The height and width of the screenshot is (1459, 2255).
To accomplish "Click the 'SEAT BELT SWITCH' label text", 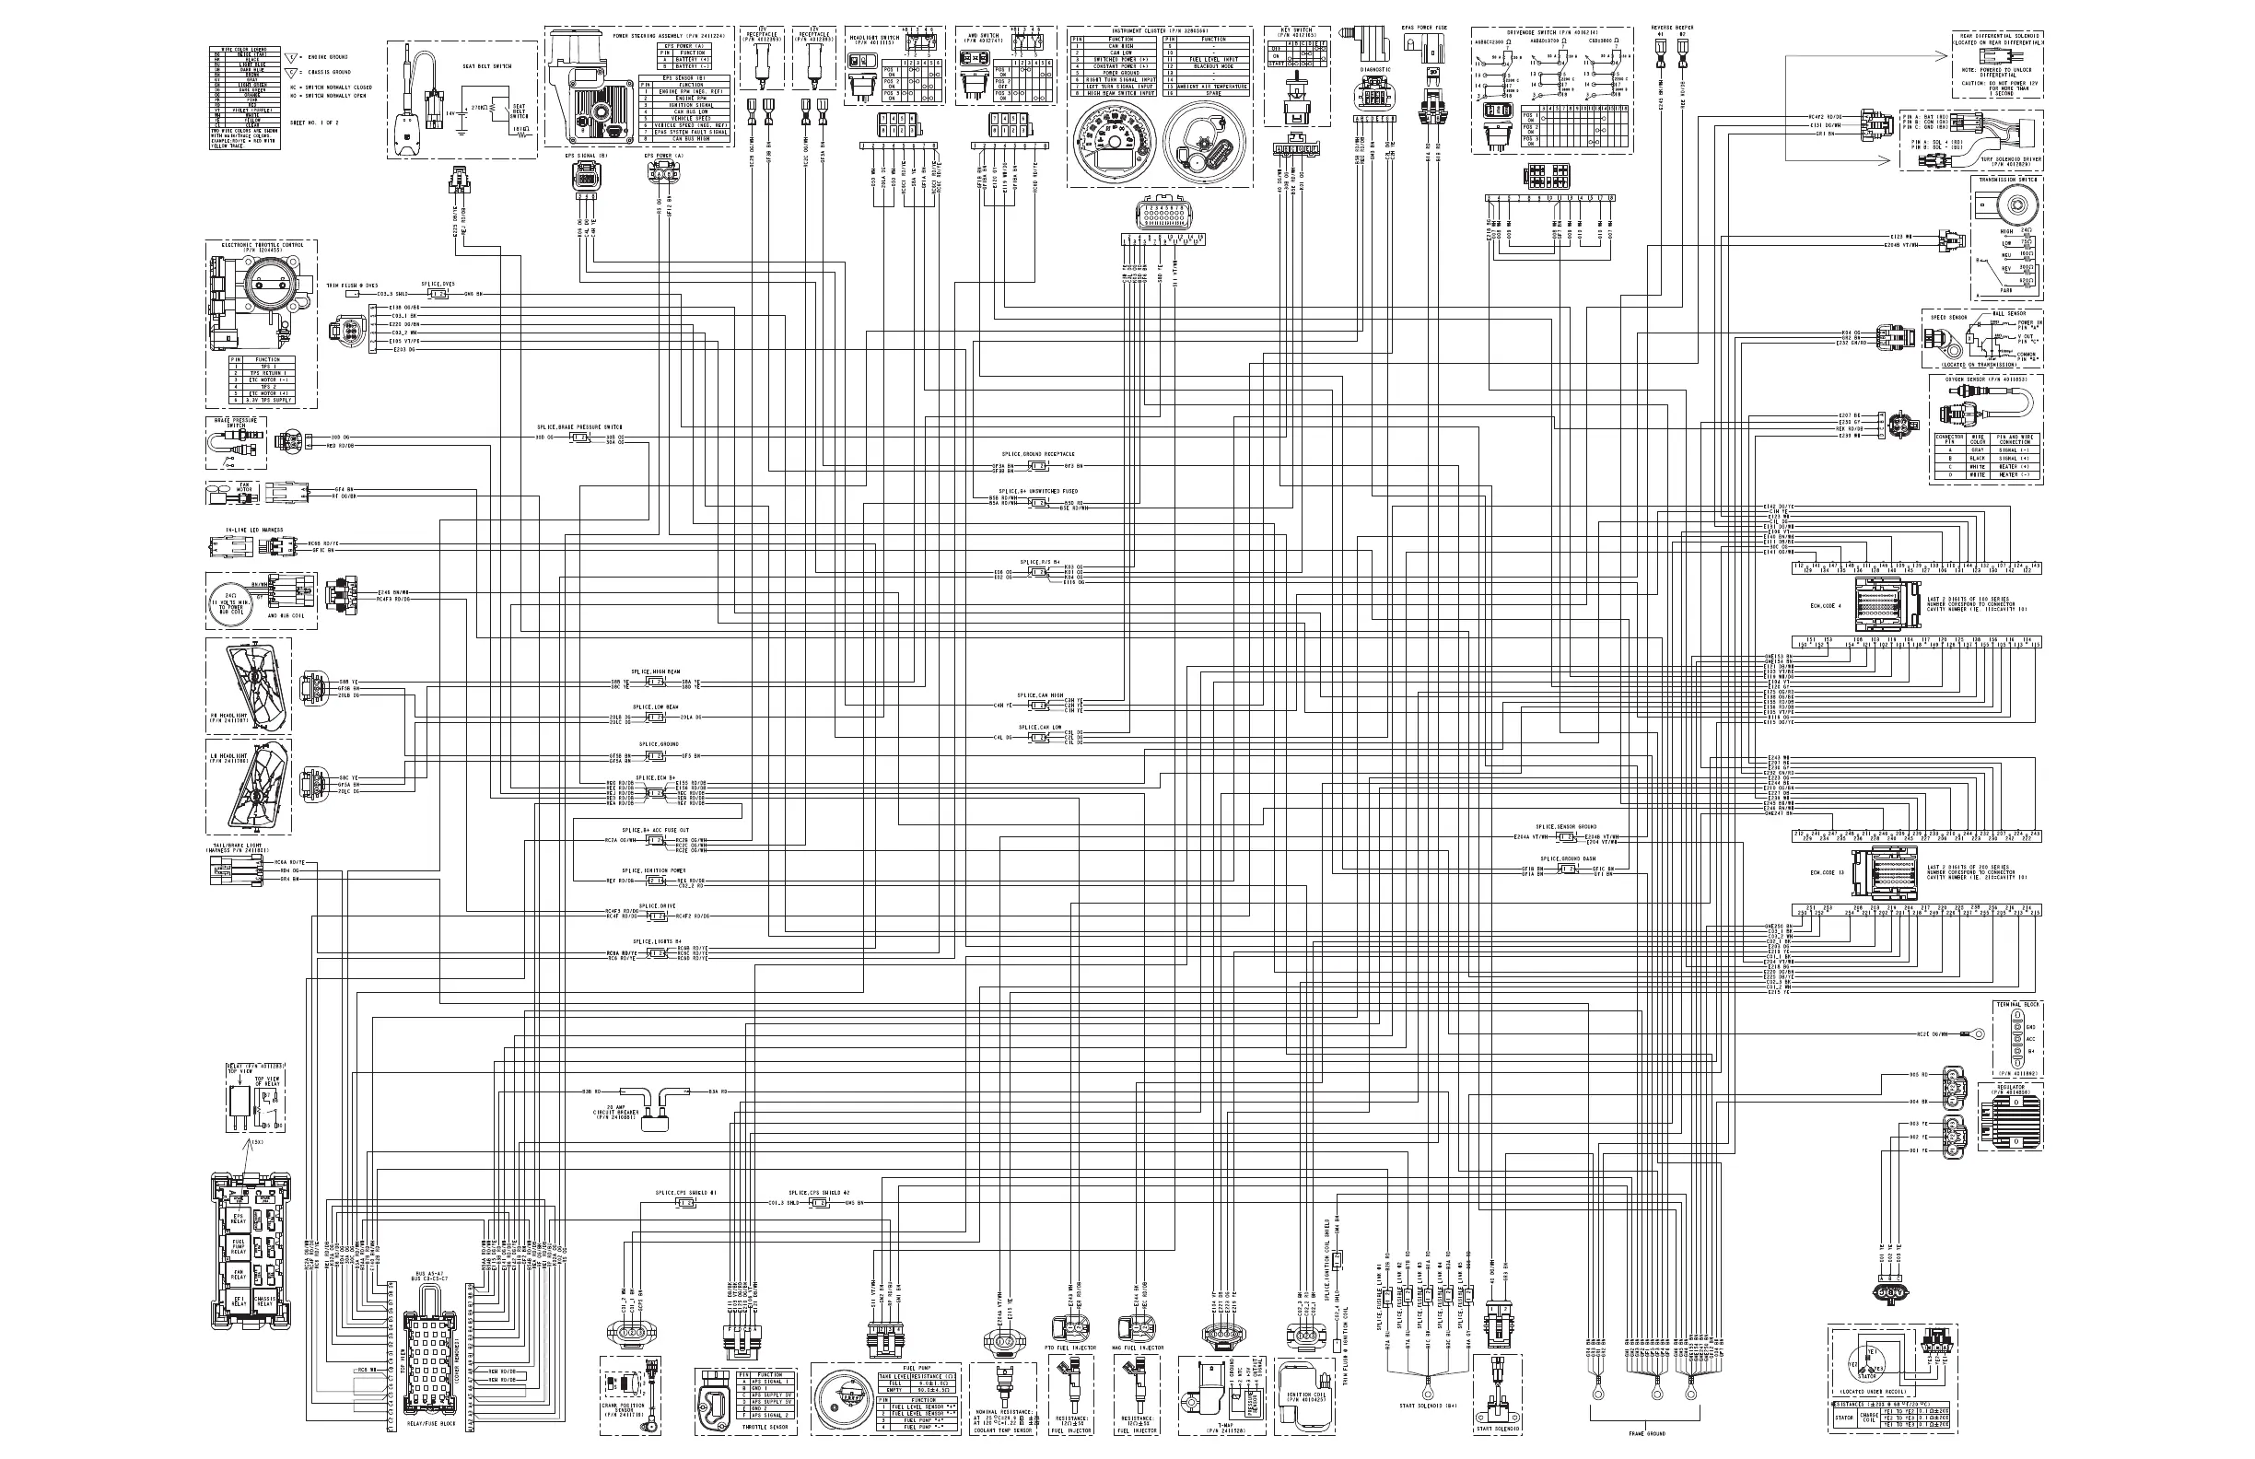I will pyautogui.click(x=494, y=66).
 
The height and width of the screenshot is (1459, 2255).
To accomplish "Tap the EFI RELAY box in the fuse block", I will pyautogui.click(x=238, y=1301).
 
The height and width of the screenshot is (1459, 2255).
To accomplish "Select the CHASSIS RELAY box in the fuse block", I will pyautogui.click(x=264, y=1301).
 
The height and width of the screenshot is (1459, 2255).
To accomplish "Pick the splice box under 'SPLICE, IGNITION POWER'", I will pyautogui.click(x=655, y=881).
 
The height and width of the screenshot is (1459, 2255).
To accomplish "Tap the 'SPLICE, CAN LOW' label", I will pyautogui.click(x=1040, y=728).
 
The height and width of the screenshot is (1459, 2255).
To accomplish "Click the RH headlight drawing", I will pyautogui.click(x=250, y=683).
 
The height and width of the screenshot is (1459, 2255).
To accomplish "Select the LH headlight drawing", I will pyautogui.click(x=250, y=786).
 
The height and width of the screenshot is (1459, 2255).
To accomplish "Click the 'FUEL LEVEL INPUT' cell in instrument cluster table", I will pyautogui.click(x=1214, y=60).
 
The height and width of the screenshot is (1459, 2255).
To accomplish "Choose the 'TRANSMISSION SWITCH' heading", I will pyautogui.click(x=2005, y=180).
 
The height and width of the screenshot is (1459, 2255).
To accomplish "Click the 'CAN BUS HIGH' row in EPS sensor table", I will pyautogui.click(x=691, y=138).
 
